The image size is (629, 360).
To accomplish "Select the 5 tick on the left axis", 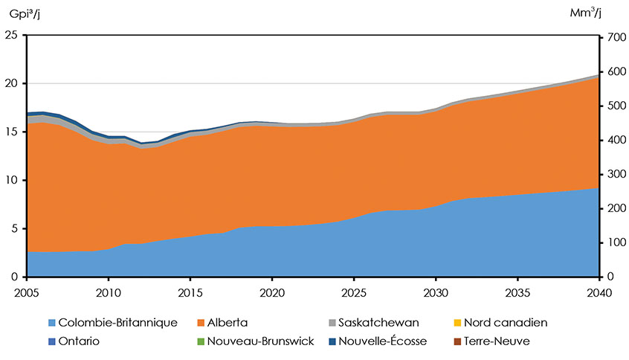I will pos(14,228).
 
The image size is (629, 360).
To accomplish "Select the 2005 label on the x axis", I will pos(27,291).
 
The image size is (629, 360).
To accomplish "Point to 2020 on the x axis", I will pos(272,291).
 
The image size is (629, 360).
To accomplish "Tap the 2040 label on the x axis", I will pos(599,291).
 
